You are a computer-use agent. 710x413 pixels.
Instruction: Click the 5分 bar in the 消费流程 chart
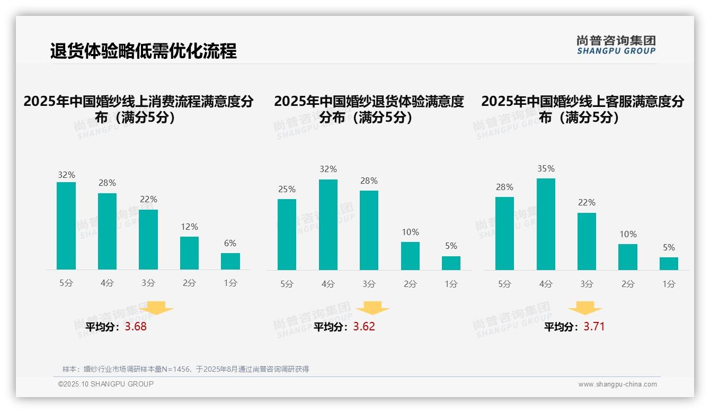pyautogui.click(x=66, y=226)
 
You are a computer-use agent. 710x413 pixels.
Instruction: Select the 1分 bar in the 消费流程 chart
pyautogui.click(x=230, y=262)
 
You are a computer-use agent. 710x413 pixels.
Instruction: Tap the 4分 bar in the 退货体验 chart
pyautogui.click(x=328, y=225)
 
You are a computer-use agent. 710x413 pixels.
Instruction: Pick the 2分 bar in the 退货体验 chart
pyautogui.click(x=410, y=256)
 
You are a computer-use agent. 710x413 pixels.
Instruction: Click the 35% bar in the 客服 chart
pyautogui.click(x=546, y=225)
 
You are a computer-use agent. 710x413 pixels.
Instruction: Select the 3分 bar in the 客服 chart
pyautogui.click(x=587, y=241)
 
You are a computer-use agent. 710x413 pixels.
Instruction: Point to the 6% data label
pyautogui.click(x=230, y=244)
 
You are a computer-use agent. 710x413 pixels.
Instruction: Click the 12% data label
pyautogui.click(x=189, y=227)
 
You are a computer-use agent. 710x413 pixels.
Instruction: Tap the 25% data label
pyautogui.click(x=287, y=190)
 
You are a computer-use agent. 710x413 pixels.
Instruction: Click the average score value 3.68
pyautogui.click(x=136, y=327)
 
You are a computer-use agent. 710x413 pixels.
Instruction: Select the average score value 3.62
pyautogui.click(x=364, y=327)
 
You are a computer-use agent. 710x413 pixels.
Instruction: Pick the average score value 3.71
pyautogui.click(x=594, y=327)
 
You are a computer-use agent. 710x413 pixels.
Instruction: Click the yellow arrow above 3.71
pyautogui.click(x=585, y=308)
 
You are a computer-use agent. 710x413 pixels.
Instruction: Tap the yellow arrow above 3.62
pyautogui.click(x=372, y=308)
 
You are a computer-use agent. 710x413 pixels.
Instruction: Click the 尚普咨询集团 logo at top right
pyautogui.click(x=616, y=45)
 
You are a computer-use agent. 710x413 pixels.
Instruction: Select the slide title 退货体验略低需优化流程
pyautogui.click(x=143, y=51)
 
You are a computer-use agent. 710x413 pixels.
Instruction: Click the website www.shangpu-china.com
pyautogui.click(x=617, y=384)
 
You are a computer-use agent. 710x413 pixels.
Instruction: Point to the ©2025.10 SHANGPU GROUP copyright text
pyautogui.click(x=106, y=384)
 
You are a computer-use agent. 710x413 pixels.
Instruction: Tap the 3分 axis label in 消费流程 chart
pyautogui.click(x=148, y=283)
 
